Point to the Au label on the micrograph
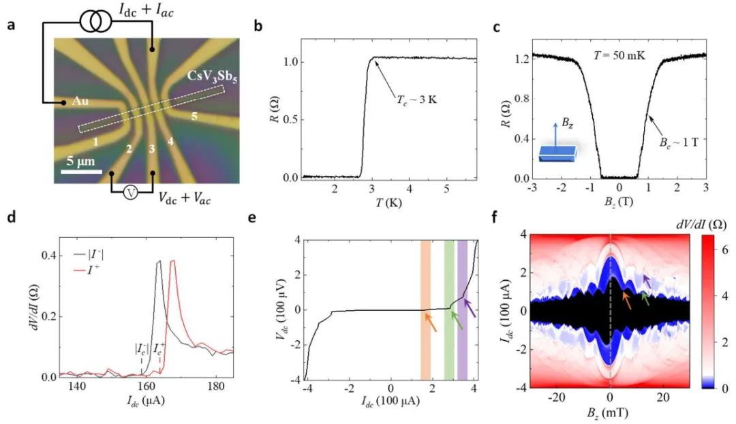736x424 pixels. (80, 104)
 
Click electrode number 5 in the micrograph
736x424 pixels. (195, 117)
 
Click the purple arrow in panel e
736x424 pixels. (470, 309)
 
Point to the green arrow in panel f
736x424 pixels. (645, 297)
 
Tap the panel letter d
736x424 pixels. (10, 219)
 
